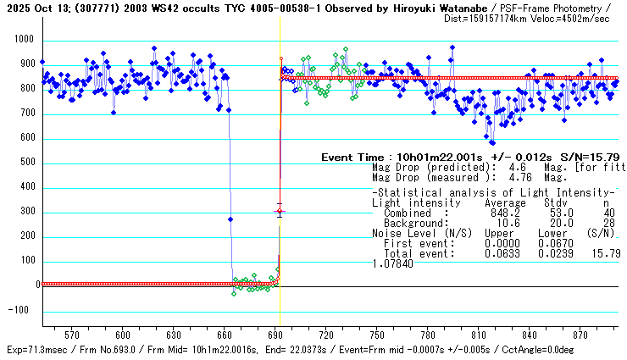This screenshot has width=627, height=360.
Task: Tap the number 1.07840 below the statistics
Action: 392,263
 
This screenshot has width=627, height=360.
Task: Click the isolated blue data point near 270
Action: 230,219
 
